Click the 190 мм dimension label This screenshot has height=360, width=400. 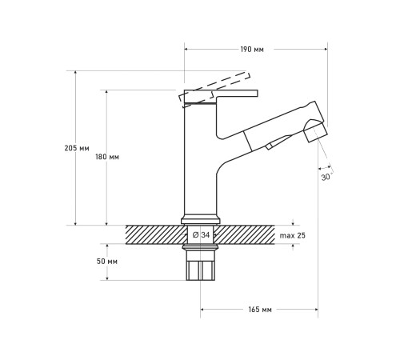point(252,50)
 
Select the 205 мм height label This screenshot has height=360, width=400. point(77,148)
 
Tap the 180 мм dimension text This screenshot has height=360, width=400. point(107,157)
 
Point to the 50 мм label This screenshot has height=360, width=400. point(107,262)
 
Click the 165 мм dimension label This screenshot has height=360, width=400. point(260,310)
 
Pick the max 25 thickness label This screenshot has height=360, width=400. point(293,235)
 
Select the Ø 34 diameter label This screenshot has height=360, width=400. point(201,235)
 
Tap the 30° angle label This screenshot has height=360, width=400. point(326,177)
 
